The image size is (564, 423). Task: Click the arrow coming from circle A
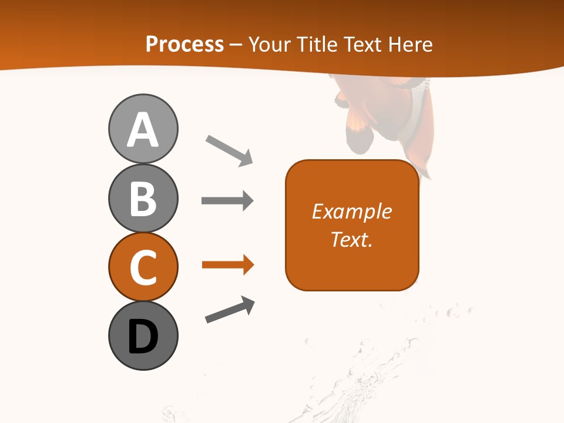[229, 150]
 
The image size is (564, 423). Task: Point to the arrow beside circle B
[227, 201]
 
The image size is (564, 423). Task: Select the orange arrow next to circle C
[227, 266]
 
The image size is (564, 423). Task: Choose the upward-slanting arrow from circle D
[230, 310]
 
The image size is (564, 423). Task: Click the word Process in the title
[184, 45]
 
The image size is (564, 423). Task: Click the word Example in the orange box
[352, 211]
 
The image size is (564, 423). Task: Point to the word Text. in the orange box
[352, 240]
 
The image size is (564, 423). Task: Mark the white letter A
[143, 130]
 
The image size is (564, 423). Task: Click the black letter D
[143, 337]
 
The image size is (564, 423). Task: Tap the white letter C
[143, 268]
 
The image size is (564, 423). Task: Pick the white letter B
[143, 199]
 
